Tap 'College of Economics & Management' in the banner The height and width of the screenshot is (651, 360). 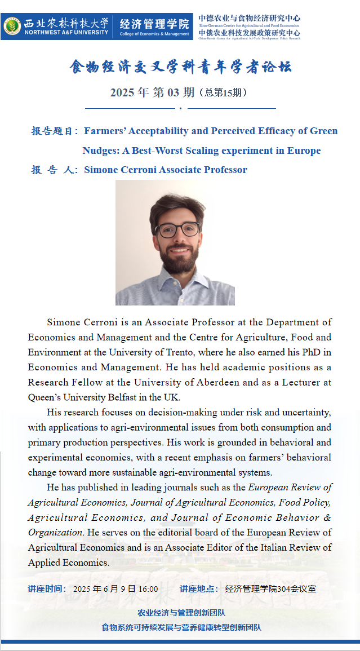[154, 34]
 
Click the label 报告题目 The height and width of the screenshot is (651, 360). [54, 131]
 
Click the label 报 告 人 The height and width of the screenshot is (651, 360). [54, 170]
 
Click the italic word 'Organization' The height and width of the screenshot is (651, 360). [55, 532]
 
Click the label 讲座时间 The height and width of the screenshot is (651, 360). [47, 589]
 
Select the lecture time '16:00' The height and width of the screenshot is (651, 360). [148, 589]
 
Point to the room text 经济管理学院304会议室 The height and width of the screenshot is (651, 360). [270, 589]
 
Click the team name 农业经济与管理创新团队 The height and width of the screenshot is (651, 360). [181, 613]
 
